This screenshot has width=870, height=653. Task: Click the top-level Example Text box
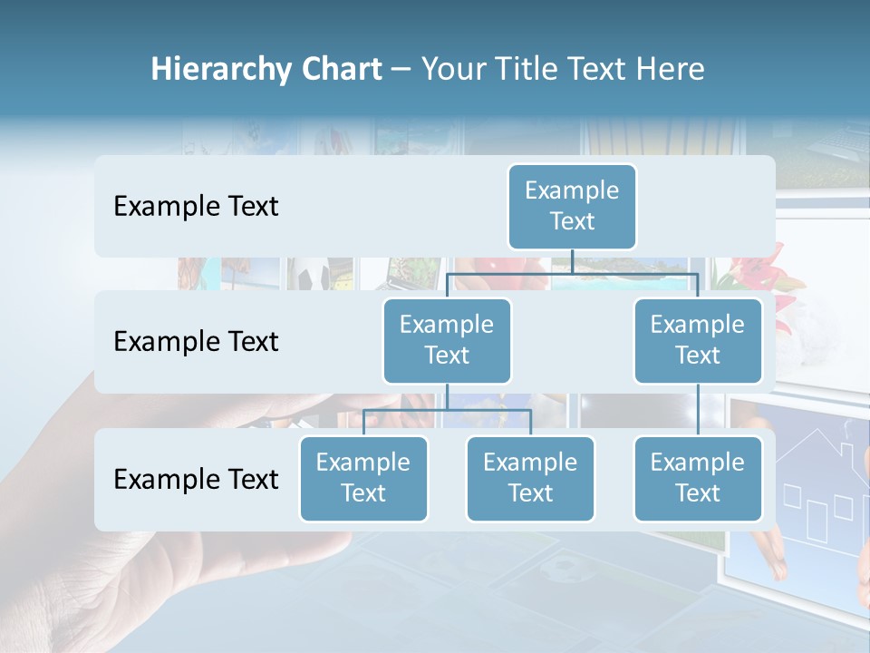click(x=572, y=206)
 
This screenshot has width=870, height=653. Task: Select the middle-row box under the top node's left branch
click(x=447, y=340)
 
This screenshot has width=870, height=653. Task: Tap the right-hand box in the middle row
click(x=698, y=340)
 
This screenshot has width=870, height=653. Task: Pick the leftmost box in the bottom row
click(x=363, y=478)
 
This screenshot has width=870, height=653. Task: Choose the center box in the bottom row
click(x=530, y=478)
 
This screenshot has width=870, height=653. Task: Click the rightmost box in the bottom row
click(x=698, y=478)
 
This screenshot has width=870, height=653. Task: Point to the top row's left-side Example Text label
click(x=196, y=207)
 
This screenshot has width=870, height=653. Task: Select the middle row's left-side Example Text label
click(x=196, y=342)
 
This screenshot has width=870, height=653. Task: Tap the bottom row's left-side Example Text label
click(x=196, y=479)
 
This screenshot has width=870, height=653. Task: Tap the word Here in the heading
click(x=672, y=69)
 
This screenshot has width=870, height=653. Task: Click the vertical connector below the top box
click(x=572, y=261)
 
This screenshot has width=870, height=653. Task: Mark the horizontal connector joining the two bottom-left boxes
click(x=447, y=410)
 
